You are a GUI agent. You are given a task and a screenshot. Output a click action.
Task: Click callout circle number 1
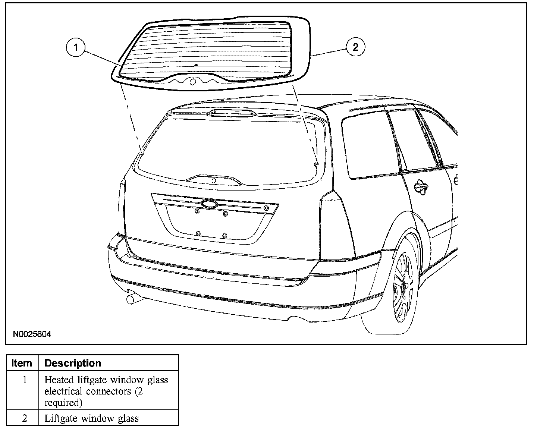coord(76,48)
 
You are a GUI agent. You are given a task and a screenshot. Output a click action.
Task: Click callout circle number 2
coord(355,47)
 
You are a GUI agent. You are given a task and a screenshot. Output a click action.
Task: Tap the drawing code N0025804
coord(32,334)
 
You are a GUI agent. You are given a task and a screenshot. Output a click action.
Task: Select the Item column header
coord(22,363)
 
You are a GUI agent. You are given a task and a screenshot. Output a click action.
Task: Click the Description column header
coord(73,363)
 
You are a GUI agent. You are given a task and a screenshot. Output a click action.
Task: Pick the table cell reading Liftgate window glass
coord(92,418)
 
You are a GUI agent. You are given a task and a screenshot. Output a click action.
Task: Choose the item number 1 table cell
coord(25,380)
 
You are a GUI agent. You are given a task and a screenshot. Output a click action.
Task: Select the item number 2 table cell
coord(25,418)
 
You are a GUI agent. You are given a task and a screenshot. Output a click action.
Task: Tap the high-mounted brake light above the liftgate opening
coord(231,113)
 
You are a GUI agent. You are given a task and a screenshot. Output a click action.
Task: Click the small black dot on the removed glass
coord(197,65)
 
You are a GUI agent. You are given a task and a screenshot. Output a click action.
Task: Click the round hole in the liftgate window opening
coord(214,181)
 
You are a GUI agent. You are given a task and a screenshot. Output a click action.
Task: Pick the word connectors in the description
coord(106,391)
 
